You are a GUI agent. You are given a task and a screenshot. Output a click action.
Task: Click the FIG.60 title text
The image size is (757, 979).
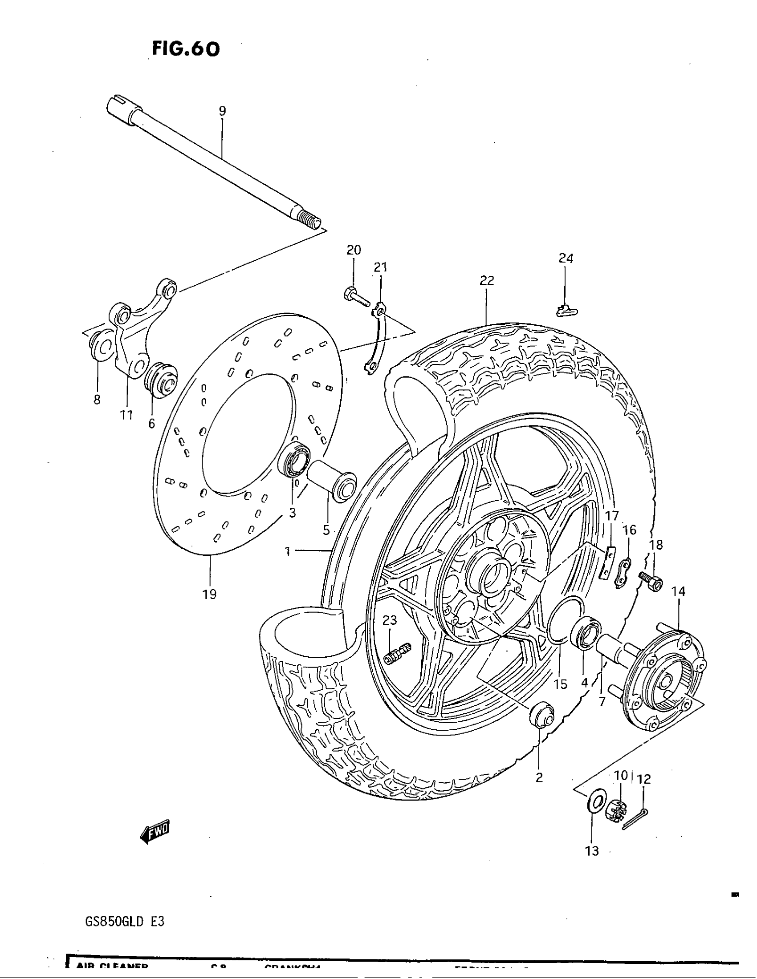pos(186,49)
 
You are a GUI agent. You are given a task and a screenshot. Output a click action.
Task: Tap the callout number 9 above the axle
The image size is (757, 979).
pos(223,111)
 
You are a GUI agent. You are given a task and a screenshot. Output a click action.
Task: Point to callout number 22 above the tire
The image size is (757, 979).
pos(487,281)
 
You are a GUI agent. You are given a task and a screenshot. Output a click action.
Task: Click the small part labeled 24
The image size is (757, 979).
pos(566,310)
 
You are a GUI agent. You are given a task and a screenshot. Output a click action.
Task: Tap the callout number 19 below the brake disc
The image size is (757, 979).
pos(209,595)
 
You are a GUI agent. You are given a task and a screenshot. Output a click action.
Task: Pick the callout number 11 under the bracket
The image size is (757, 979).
pos(126,415)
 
